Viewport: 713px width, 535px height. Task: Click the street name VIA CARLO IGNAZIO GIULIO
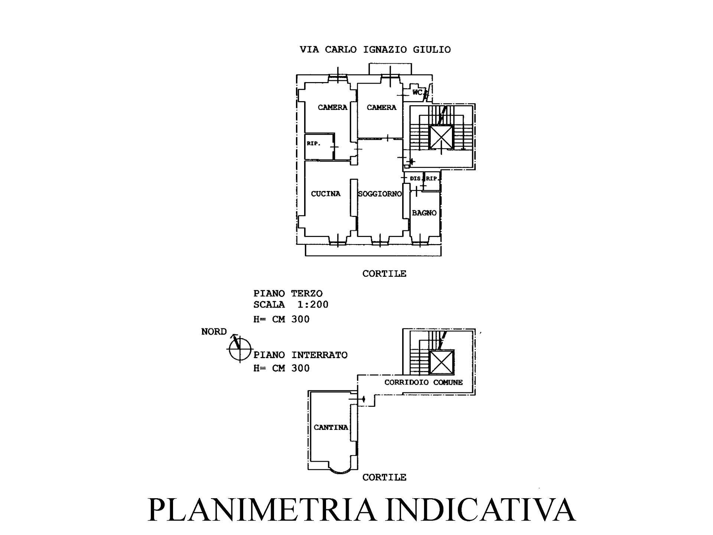tap(375, 49)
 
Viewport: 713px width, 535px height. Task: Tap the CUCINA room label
tap(326, 194)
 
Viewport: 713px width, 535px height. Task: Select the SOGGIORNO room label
tap(380, 194)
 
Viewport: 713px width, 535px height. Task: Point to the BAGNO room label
tap(424, 213)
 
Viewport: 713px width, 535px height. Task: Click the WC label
tap(418, 92)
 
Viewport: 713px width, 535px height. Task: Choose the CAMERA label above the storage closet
tap(332, 107)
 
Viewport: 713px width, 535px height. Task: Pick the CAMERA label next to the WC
tap(381, 107)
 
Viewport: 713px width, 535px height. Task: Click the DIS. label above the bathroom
tap(416, 178)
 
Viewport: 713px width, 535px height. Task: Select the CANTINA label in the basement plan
tap(331, 427)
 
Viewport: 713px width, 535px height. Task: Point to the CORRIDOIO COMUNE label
tap(423, 382)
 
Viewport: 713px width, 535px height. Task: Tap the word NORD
tap(214, 331)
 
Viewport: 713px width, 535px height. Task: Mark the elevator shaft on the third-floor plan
tap(441, 137)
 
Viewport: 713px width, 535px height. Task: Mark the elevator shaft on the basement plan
tap(442, 362)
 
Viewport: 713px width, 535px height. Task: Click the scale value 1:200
tap(313, 305)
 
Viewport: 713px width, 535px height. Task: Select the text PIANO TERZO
tap(288, 294)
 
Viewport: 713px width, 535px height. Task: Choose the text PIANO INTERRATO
tap(300, 355)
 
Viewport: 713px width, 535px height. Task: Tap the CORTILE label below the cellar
tap(384, 477)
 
